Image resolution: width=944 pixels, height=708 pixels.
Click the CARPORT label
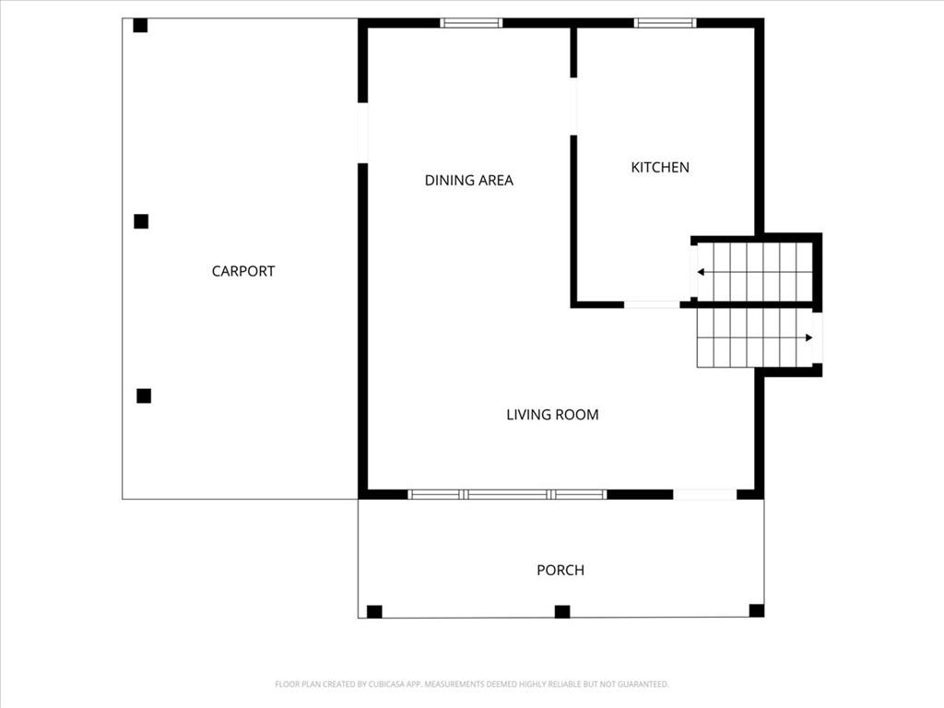(x=243, y=271)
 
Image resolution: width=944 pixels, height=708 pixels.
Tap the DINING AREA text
(x=469, y=180)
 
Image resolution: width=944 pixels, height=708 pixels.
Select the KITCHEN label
(x=660, y=168)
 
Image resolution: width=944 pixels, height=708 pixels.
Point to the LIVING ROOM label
(x=553, y=414)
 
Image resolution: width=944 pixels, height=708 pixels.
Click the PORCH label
(x=560, y=570)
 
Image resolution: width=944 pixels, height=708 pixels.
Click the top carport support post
(x=140, y=25)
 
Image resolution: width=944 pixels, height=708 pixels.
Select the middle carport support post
(x=141, y=221)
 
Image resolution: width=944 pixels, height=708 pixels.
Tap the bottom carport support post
(x=144, y=395)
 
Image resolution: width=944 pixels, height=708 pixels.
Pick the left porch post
(x=374, y=612)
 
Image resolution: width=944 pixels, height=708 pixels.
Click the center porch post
(x=562, y=612)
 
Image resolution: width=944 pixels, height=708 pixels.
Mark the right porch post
(x=757, y=610)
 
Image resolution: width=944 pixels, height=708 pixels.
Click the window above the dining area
(x=471, y=23)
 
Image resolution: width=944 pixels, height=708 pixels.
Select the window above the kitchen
(x=666, y=23)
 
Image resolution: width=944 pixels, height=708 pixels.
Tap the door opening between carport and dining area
(x=362, y=133)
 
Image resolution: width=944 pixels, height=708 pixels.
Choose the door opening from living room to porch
(x=705, y=495)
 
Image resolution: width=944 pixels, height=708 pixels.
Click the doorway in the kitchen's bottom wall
(x=652, y=304)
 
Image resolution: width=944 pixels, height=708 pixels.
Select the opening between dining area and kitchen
(x=573, y=107)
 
